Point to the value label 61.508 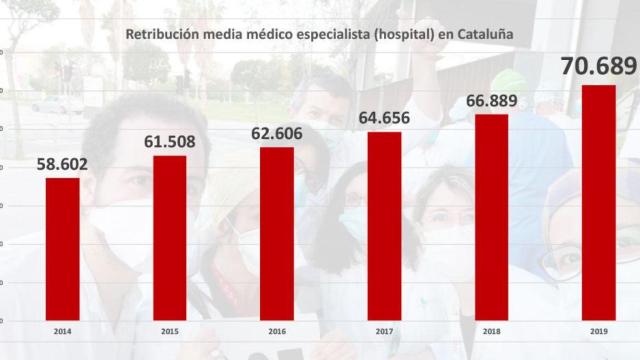[x=169, y=137]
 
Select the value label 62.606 [x=277, y=129]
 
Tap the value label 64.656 [x=384, y=113]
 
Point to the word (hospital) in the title [x=405, y=35]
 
